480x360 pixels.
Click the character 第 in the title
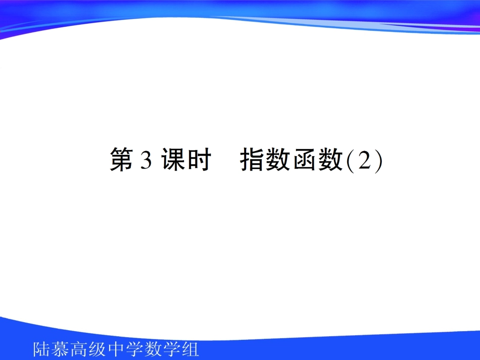[122, 160]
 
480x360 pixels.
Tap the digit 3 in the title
[147, 161]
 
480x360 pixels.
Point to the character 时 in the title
[198, 160]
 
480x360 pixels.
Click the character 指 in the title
[253, 160]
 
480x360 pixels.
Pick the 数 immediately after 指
[279, 160]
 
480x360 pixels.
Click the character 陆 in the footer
[42, 349]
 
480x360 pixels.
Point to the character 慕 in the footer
[61, 349]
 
